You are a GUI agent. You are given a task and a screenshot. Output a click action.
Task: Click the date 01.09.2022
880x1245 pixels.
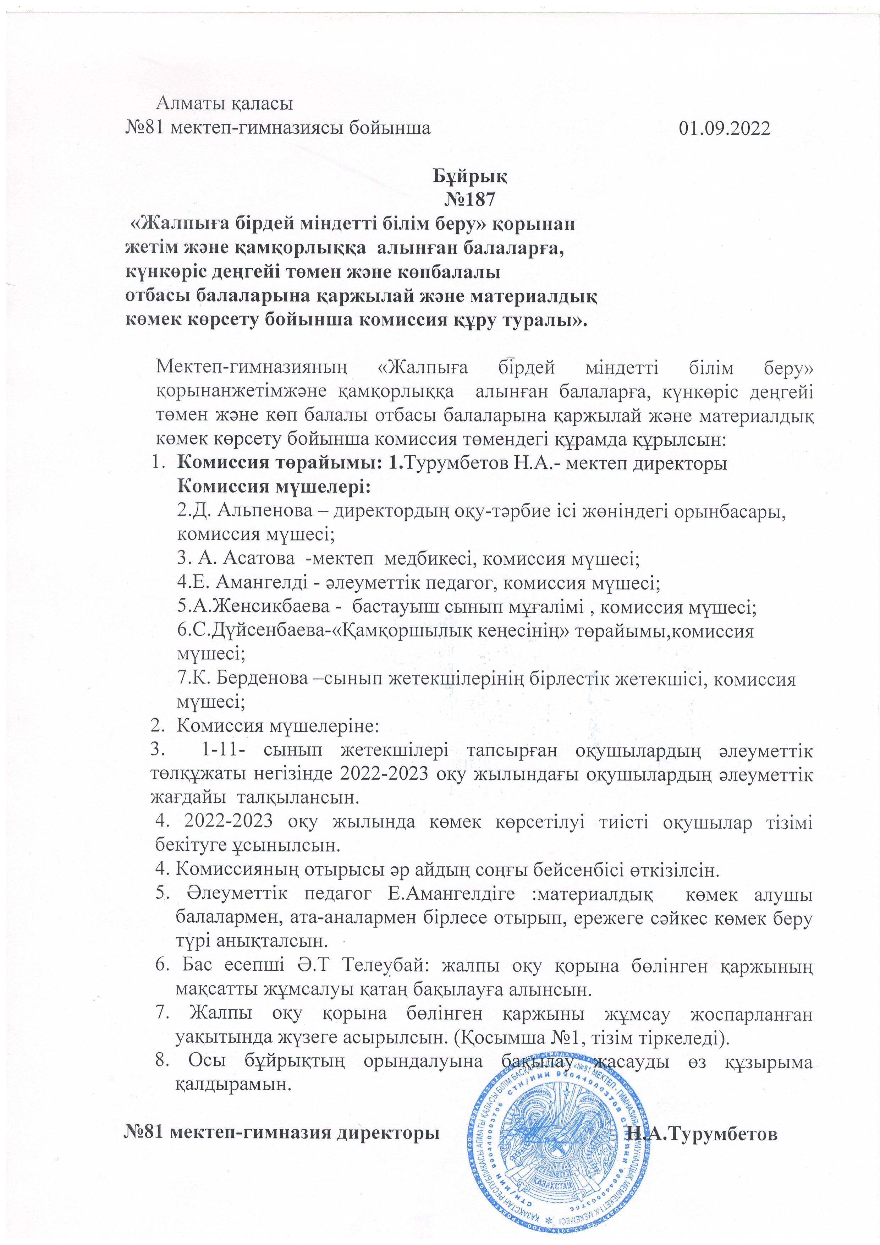(x=724, y=128)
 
